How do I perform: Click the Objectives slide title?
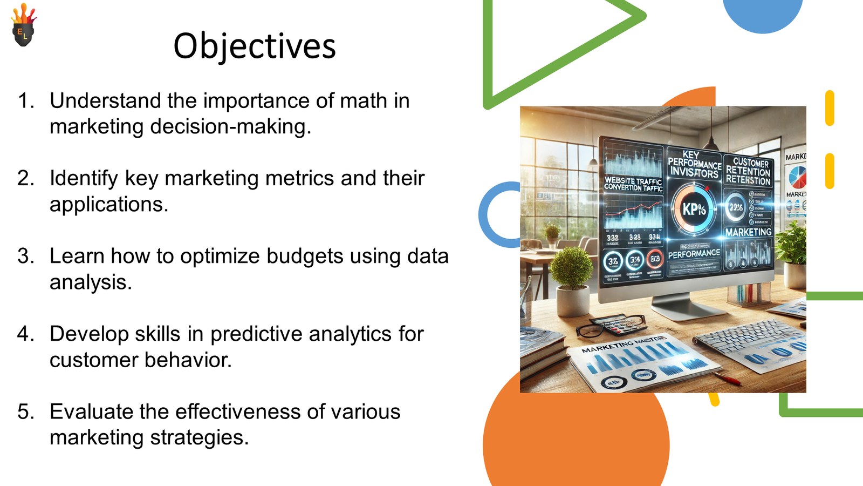[x=254, y=46]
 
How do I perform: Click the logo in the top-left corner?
[x=23, y=26]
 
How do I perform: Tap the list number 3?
[x=25, y=256]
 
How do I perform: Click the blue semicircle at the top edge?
[x=762, y=13]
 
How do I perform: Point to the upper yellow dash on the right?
[x=830, y=108]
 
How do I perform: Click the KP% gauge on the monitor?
[x=694, y=208]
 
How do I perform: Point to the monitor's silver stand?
[x=682, y=305]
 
